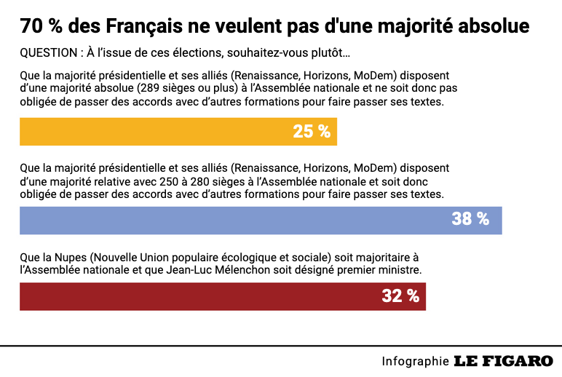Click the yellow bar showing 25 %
(178, 132)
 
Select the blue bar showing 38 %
(261, 220)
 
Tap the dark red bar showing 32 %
(222, 296)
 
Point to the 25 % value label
(312, 132)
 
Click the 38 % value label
(470, 219)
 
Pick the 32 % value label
(400, 296)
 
